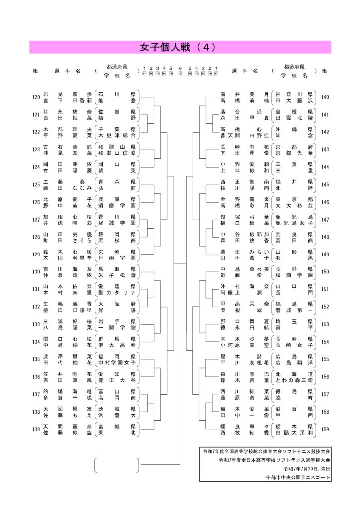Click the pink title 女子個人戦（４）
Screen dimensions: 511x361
180,47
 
